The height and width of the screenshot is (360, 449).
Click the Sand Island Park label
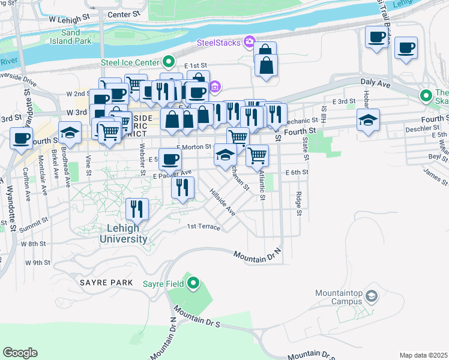76,37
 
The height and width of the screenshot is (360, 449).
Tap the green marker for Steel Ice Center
169,61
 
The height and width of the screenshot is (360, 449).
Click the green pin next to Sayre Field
193,283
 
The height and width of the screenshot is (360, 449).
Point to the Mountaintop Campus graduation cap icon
372,296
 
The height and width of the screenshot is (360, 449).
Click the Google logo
20,353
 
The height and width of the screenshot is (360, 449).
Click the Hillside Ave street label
221,202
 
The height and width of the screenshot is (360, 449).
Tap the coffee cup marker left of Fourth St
22,139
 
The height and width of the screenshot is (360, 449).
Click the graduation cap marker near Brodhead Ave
70,131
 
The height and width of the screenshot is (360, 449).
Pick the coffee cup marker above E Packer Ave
170,159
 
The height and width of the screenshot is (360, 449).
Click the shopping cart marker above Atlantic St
258,155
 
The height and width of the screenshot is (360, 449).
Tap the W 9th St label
38,263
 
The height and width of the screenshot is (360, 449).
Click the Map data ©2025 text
423,355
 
